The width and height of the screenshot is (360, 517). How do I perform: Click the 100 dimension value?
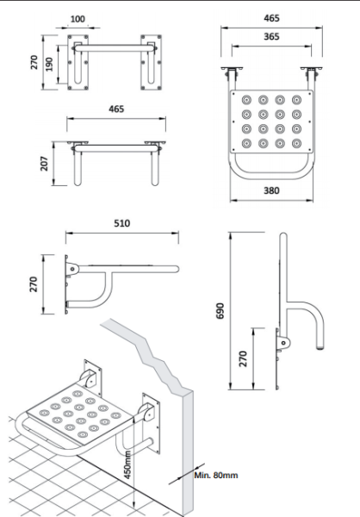pyautogui.click(x=78, y=18)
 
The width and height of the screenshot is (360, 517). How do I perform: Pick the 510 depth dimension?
pyautogui.click(x=121, y=223)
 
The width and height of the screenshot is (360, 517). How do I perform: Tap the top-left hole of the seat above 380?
pyautogui.click(x=246, y=97)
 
